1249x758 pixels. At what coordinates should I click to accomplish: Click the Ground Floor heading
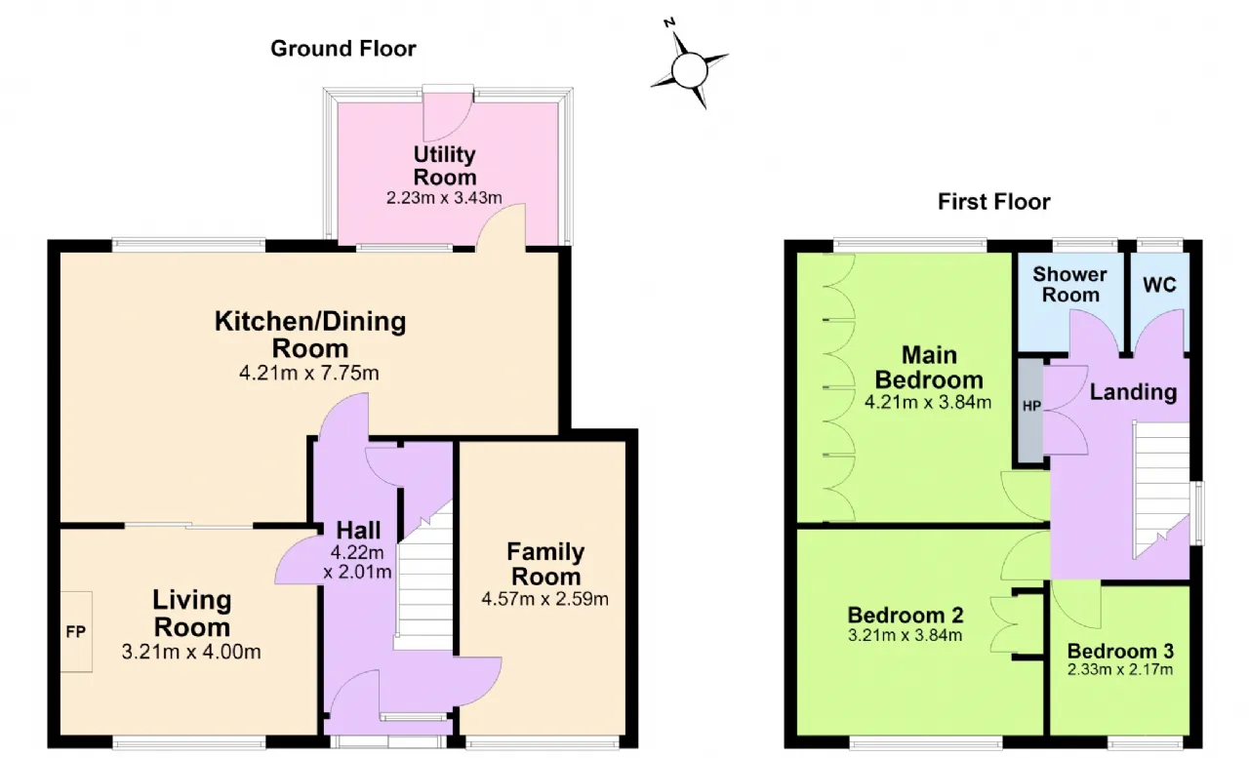(342, 49)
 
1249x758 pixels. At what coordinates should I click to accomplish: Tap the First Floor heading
(993, 201)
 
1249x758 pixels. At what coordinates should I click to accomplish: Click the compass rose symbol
(690, 70)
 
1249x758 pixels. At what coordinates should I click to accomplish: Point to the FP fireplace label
(76, 631)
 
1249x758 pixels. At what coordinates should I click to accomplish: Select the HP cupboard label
(1031, 406)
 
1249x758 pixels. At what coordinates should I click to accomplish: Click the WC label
(1160, 285)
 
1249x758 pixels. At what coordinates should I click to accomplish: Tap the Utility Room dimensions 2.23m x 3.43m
(444, 197)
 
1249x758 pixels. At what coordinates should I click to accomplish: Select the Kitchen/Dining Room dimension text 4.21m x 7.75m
(309, 373)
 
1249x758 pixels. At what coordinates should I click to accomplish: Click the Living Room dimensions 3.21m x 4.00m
(191, 651)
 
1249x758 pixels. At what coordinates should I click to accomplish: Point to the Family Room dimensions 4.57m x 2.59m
(544, 599)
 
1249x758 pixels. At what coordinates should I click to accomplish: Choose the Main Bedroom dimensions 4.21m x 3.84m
(928, 401)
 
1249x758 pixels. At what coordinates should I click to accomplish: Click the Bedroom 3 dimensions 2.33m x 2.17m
(1120, 669)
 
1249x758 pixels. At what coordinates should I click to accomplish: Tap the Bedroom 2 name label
(906, 616)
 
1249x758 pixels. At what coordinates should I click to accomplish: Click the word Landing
(1134, 392)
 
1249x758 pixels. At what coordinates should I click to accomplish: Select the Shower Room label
(1070, 284)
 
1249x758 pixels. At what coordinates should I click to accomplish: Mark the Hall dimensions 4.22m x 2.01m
(357, 562)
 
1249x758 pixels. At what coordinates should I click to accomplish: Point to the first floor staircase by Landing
(1161, 491)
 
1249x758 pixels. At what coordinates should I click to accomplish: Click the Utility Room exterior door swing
(447, 116)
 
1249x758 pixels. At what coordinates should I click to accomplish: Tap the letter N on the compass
(669, 22)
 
